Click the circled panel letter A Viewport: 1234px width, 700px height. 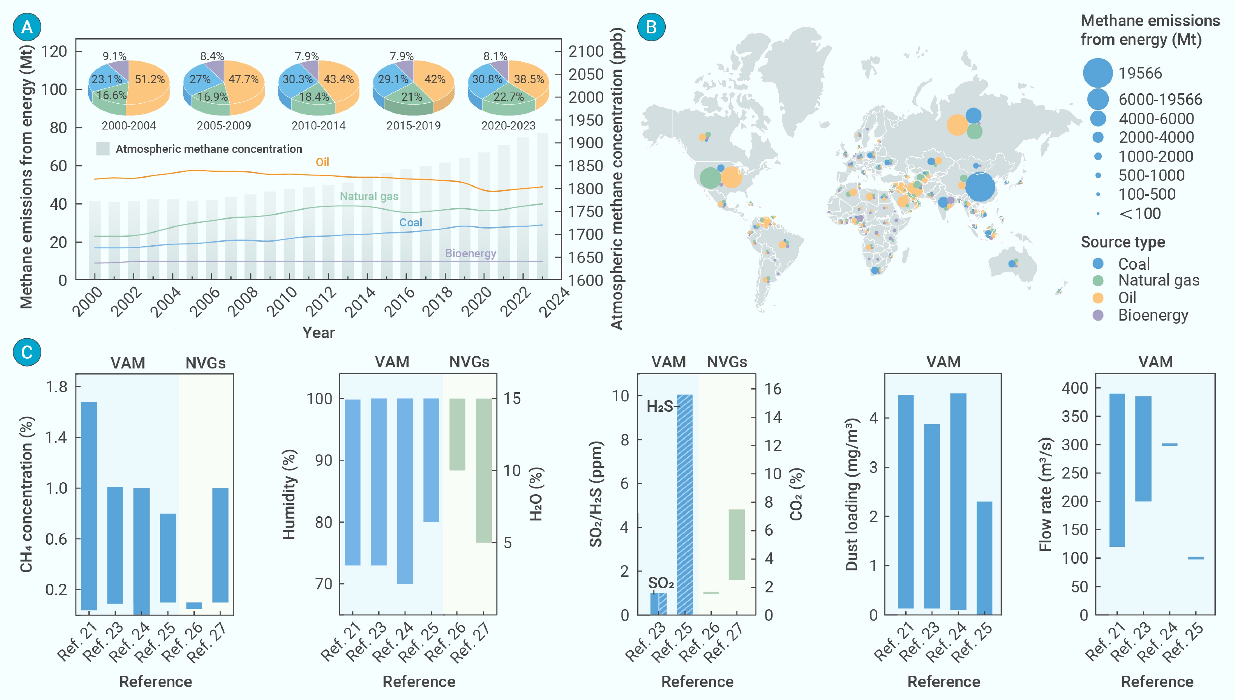coord(27,27)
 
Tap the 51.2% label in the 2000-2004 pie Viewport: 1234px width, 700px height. coord(150,79)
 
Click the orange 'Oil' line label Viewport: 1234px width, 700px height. coord(322,162)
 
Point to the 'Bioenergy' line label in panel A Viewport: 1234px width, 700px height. coord(470,254)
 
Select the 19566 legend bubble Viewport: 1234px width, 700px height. coord(1098,73)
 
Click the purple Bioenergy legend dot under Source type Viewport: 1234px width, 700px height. coord(1098,315)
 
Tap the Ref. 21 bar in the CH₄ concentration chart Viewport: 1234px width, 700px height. coord(89,506)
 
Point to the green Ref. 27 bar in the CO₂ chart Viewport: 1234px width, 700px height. coord(736,545)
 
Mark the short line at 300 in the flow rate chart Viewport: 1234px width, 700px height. coord(1170,444)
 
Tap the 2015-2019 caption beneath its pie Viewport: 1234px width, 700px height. coord(413,126)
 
